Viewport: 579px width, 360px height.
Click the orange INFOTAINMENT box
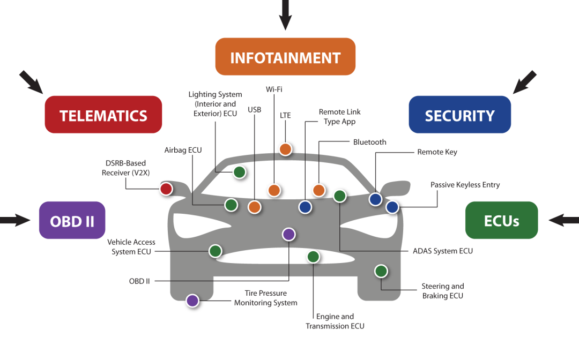(x=285, y=57)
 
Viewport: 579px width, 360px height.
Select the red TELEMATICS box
(x=103, y=115)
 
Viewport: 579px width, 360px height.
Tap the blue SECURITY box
(x=459, y=115)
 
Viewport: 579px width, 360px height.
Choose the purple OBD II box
(x=72, y=220)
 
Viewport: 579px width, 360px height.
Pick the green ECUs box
(x=501, y=220)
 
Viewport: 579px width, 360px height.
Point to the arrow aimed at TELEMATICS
(x=32, y=81)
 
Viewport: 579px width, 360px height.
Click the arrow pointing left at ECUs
(x=562, y=220)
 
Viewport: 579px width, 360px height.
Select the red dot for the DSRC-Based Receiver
(x=166, y=189)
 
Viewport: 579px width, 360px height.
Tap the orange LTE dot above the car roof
(x=285, y=149)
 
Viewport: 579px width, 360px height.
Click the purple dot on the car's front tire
(x=192, y=301)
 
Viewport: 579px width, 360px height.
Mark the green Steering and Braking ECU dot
(x=381, y=271)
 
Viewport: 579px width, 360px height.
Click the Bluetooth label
(x=370, y=142)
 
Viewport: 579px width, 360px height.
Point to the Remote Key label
(x=437, y=152)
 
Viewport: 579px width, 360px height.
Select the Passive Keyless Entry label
(x=465, y=185)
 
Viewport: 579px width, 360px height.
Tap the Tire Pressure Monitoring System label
(x=265, y=298)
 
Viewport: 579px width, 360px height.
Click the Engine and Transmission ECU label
(x=335, y=321)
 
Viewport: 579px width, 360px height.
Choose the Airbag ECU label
(x=183, y=150)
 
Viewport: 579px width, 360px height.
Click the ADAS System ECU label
(x=443, y=251)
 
